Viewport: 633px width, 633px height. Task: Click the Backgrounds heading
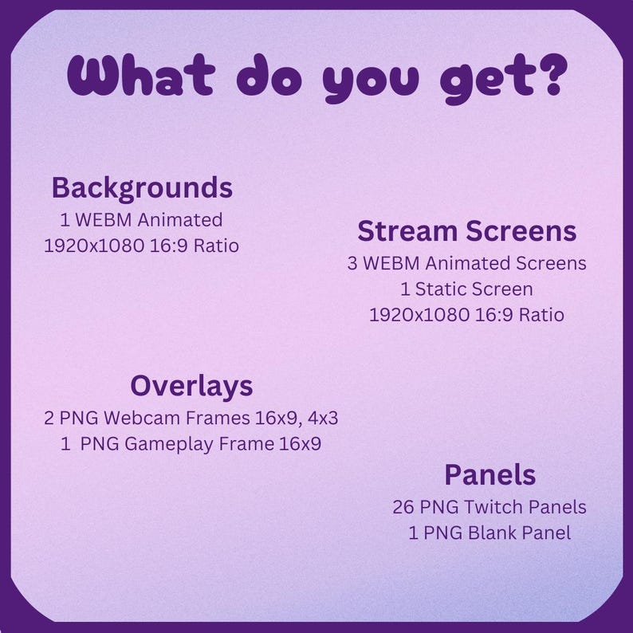tap(142, 188)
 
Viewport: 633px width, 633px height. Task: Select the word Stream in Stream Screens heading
tap(406, 231)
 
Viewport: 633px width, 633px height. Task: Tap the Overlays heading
tap(191, 386)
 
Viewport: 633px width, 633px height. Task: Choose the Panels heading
tap(489, 475)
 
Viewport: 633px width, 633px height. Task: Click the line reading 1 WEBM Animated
tap(141, 219)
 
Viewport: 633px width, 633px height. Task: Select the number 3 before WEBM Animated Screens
tap(352, 263)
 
